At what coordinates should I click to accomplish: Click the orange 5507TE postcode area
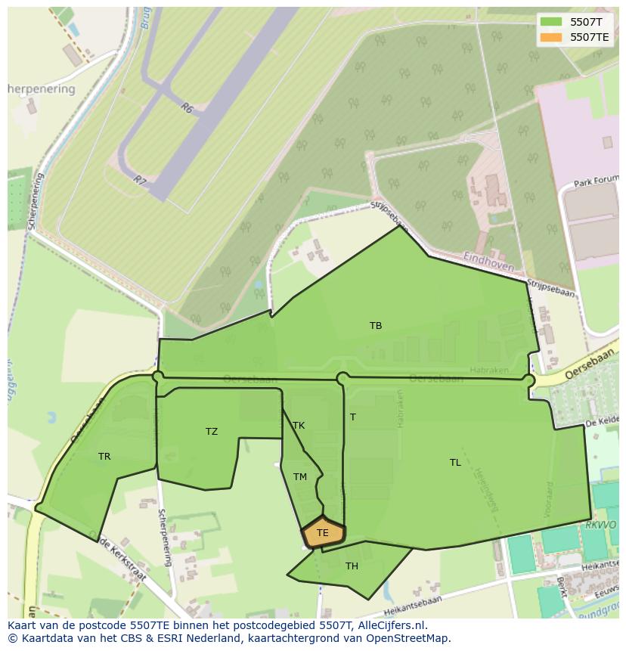tap(323, 532)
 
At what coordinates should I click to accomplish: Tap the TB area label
tap(376, 326)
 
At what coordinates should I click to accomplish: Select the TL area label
tap(455, 463)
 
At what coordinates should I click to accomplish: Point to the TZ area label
tap(212, 432)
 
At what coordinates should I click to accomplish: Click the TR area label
tap(104, 457)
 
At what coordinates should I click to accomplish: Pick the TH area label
tap(352, 566)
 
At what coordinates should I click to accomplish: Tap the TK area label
tap(299, 426)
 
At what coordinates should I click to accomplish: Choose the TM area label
tap(300, 477)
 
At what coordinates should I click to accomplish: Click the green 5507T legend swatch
tap(551, 23)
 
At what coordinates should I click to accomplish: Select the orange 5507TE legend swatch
tap(551, 37)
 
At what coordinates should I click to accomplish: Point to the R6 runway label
tap(187, 109)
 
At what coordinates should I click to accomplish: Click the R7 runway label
tap(139, 180)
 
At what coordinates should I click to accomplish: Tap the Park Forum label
tap(596, 183)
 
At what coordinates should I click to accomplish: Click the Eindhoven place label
tap(488, 262)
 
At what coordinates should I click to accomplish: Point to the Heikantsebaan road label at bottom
tap(413, 604)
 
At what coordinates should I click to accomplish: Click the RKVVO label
tap(601, 525)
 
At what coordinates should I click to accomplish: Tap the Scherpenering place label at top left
tap(42, 89)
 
